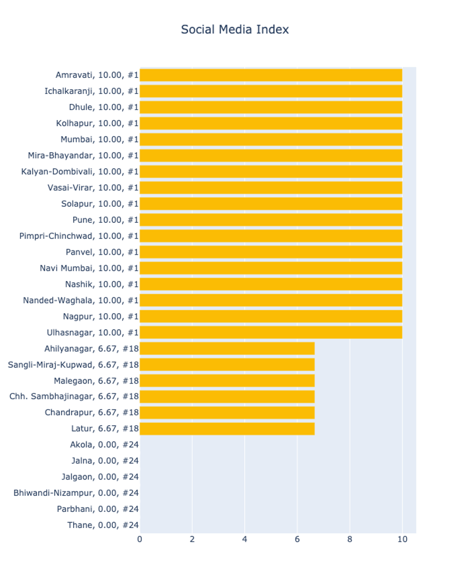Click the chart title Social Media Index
(x=234, y=30)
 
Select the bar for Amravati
(x=270, y=75)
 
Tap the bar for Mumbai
(x=270, y=139)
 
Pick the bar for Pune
(x=270, y=220)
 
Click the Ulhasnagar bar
(x=270, y=332)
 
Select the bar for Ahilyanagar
(x=227, y=349)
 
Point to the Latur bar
(x=227, y=429)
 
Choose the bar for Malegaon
(x=227, y=381)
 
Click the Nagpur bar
(x=270, y=316)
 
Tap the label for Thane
(x=103, y=525)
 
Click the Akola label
(x=104, y=445)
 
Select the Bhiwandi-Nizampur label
(x=76, y=493)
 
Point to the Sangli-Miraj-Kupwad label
(x=73, y=365)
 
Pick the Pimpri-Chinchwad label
(x=79, y=236)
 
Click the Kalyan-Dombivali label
(x=80, y=172)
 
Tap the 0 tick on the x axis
(x=139, y=540)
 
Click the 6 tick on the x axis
(x=297, y=540)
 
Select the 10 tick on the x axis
(x=402, y=540)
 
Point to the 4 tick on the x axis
(x=244, y=540)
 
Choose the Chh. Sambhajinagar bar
(x=227, y=397)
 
